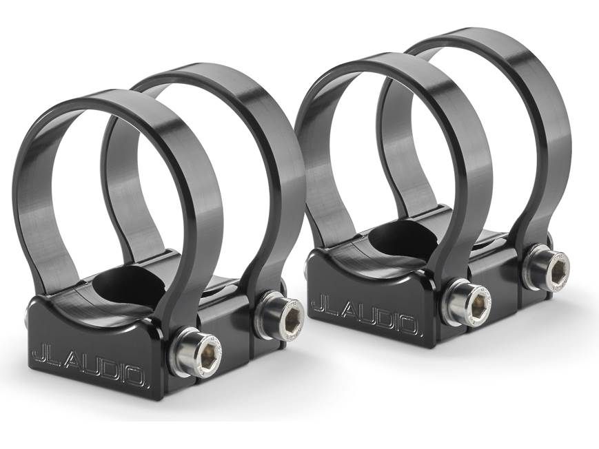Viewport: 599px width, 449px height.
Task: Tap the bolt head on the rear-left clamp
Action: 283,313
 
